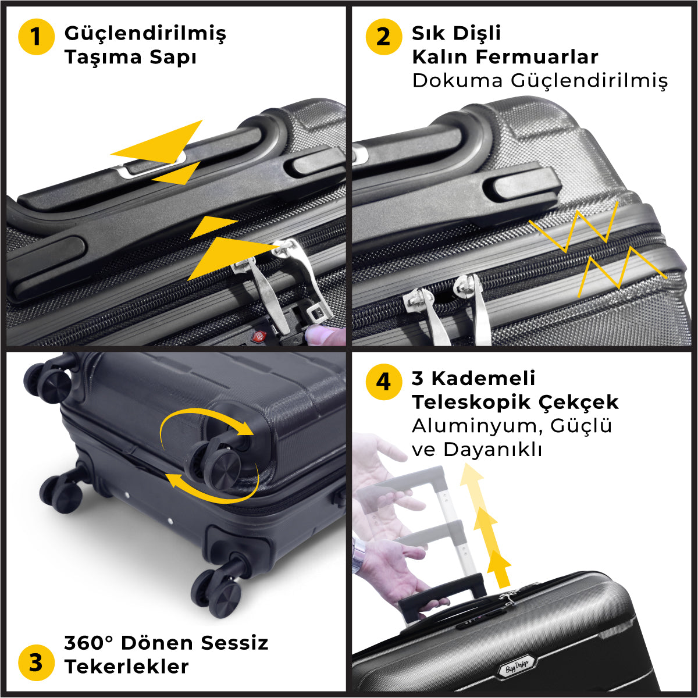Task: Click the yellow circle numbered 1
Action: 36,37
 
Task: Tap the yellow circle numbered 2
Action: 384,37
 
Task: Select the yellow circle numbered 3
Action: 36,663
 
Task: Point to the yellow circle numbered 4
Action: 384,382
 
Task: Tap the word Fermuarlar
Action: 537,57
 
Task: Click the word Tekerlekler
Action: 127,667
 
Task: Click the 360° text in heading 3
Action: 88,643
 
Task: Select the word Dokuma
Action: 458,80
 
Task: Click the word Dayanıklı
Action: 493,450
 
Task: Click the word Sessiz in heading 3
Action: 234,643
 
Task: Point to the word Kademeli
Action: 483,379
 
